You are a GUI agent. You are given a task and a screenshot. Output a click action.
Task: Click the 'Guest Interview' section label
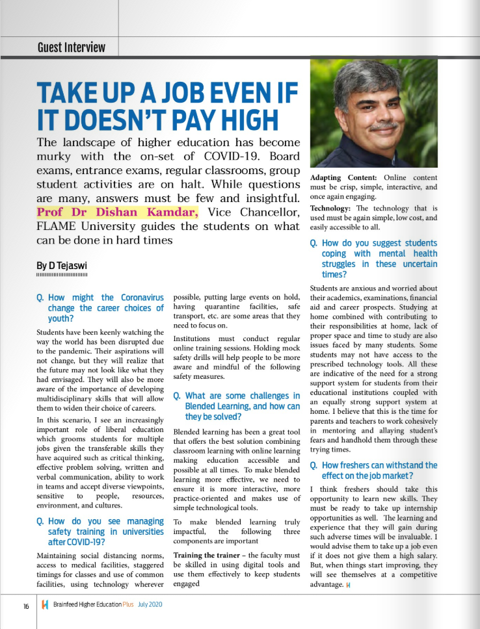pos(71,47)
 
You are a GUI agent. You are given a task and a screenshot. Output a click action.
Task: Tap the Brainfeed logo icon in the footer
pos(44,605)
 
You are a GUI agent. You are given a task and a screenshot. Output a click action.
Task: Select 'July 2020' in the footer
pos(150,605)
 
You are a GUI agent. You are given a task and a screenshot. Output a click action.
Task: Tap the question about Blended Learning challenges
pos(237,406)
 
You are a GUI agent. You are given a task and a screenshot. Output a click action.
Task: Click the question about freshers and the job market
pos(373,470)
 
